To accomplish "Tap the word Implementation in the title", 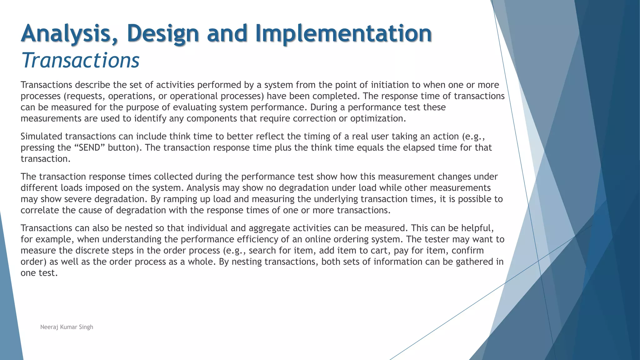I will [343, 33].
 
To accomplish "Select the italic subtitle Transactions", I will [80, 60].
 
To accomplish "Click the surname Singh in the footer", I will [86, 327].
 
